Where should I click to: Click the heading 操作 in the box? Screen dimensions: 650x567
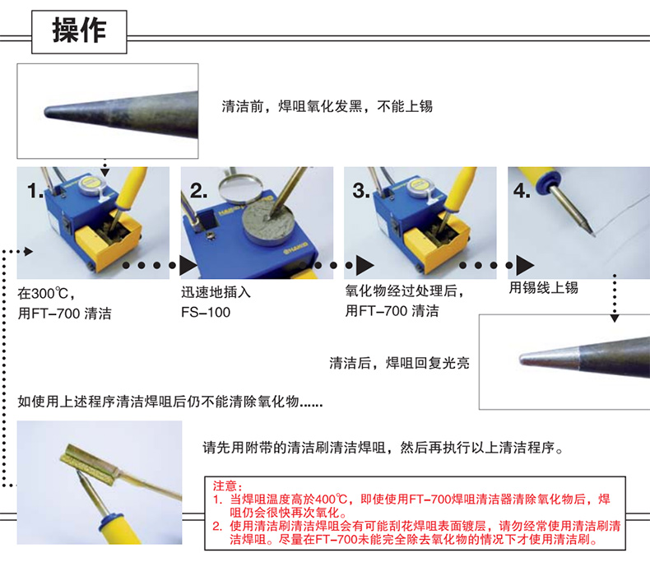[x=79, y=30]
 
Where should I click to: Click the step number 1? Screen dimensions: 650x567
[x=35, y=191]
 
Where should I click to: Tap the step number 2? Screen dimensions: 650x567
[x=198, y=191]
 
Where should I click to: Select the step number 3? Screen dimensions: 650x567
[x=361, y=191]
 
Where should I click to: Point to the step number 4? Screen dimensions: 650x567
[x=522, y=191]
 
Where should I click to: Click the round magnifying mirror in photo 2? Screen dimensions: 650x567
[x=240, y=184]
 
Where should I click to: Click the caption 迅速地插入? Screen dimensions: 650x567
[x=216, y=292]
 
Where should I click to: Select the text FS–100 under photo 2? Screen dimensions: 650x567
[x=206, y=312]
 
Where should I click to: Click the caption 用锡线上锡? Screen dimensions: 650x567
[x=544, y=287]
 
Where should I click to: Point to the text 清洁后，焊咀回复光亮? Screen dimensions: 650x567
[x=399, y=363]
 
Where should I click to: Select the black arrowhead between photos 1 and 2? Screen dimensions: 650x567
[x=188, y=265]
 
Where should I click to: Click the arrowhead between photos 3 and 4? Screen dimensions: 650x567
[x=525, y=265]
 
